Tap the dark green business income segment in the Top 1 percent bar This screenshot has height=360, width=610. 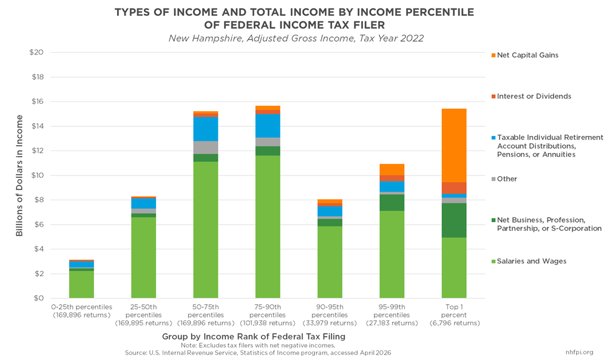pos(454,220)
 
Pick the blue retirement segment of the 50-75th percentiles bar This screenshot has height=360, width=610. pos(205,129)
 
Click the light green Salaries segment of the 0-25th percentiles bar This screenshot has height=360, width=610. pos(81,284)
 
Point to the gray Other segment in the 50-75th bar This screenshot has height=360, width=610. pos(205,148)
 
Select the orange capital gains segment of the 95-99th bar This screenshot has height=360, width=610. pos(391,169)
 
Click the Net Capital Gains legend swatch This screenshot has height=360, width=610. pos(493,55)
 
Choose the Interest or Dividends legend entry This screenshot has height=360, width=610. pos(534,97)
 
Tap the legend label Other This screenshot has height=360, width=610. pos(507,179)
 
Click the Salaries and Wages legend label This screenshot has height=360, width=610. pos(532,261)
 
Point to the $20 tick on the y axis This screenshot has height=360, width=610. pos(36,52)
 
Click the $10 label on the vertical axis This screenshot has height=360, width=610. pos(36,175)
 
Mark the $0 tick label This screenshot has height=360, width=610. pos(38,298)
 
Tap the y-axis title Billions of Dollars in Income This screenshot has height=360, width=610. pos(19,175)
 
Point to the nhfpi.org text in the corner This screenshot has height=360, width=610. pos(580,352)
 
